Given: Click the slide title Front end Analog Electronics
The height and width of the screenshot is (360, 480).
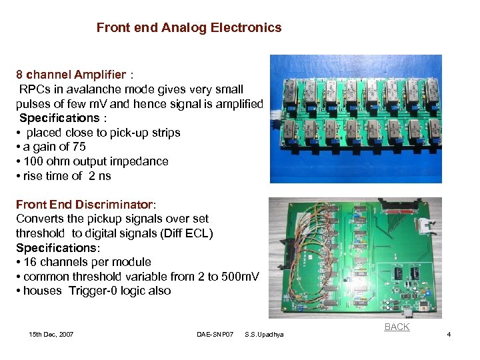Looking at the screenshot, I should click(x=189, y=28).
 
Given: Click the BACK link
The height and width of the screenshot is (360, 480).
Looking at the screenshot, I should click(x=397, y=327).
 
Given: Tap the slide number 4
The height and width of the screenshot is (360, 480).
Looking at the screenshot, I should click(x=449, y=334).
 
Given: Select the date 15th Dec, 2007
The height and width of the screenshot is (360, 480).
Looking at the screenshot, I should click(x=51, y=334).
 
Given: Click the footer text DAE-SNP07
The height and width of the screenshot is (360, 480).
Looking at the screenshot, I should click(x=214, y=334).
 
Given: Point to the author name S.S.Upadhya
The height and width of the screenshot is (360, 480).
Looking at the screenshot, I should click(x=264, y=334).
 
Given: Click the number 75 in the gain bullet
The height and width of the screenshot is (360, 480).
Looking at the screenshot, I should click(x=79, y=147).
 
